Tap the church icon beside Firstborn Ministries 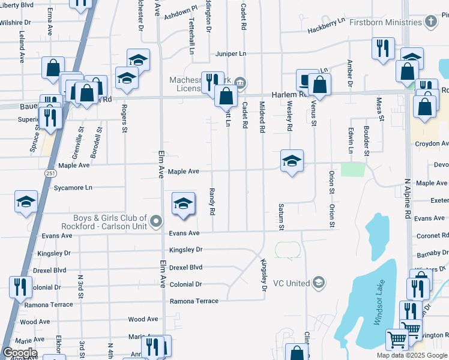(x=430, y=22)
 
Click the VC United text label (x=291, y=283)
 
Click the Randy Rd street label (x=212, y=201)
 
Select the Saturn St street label (x=280, y=217)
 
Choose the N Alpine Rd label (x=407, y=198)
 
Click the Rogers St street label (x=124, y=118)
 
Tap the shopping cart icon (x=397, y=340)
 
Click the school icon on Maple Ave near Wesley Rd (x=292, y=161)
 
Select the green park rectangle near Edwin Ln (x=352, y=169)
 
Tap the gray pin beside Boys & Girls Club (x=156, y=222)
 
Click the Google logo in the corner (x=19, y=353)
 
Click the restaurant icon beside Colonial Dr (x=20, y=287)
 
